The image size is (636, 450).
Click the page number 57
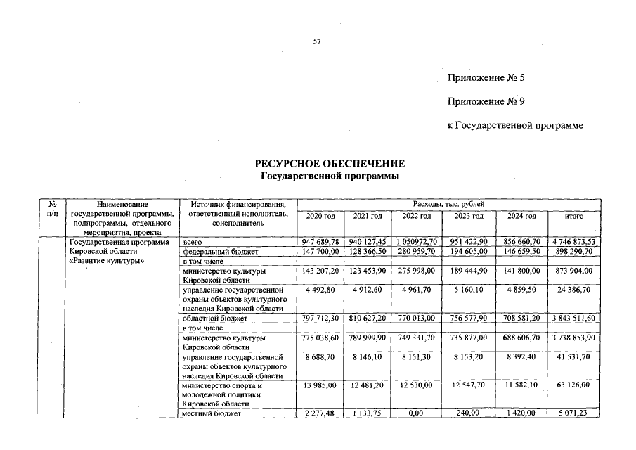pyautogui.click(x=316, y=42)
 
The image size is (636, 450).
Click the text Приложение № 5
pyautogui.click(x=486, y=77)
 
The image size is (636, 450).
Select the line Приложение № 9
pyautogui.click(x=486, y=101)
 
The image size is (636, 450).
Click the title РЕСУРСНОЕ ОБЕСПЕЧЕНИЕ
pyautogui.click(x=330, y=164)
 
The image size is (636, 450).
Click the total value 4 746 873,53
pyautogui.click(x=573, y=242)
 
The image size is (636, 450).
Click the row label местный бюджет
pyautogui.click(x=212, y=413)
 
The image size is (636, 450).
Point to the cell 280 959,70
pyautogui.click(x=416, y=251)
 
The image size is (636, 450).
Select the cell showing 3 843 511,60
pyautogui.click(x=573, y=319)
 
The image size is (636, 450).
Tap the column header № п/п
pyautogui.click(x=51, y=208)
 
